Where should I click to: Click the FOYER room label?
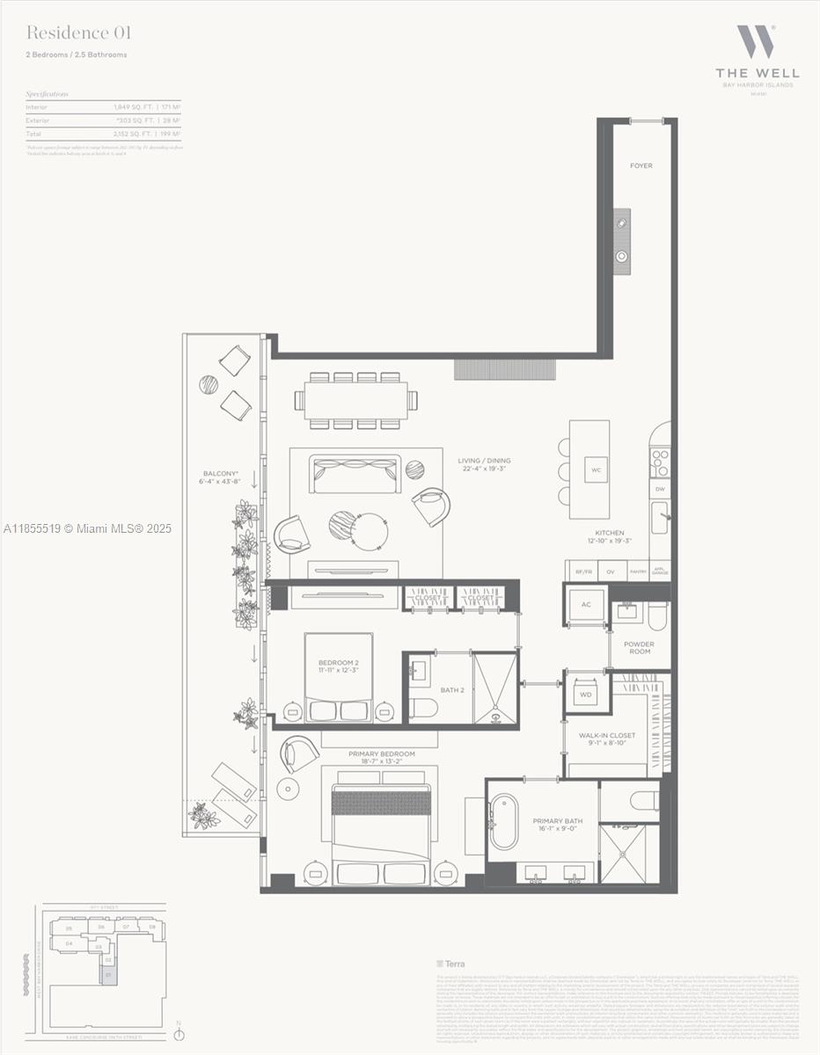coord(641,165)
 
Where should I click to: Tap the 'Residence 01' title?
coord(78,33)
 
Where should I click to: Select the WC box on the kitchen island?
coord(596,469)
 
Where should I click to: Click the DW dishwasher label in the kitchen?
coord(659,489)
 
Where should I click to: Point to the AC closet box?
coord(586,605)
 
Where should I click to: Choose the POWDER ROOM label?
coord(640,648)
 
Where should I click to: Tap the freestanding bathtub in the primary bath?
coord(504,822)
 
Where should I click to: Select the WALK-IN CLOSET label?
coord(606,738)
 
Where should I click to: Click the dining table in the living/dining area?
coord(356,400)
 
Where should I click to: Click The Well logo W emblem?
coord(756,41)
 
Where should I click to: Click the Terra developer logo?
coord(450,964)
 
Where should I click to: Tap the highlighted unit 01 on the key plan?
coord(108,975)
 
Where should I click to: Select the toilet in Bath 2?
coord(422,708)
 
